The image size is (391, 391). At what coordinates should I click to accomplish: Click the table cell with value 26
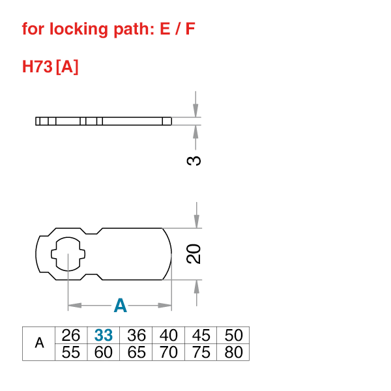tap(71, 336)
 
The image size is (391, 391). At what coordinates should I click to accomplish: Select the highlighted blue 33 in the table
tap(104, 336)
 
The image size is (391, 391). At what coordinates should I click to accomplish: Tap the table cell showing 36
tap(136, 336)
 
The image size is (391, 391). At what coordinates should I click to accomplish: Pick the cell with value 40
tap(169, 336)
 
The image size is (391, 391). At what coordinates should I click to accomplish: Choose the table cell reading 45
tap(201, 336)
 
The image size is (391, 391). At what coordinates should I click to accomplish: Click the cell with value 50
tap(233, 336)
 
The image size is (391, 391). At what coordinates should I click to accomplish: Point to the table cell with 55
tap(71, 352)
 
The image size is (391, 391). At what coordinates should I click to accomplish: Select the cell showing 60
tap(104, 352)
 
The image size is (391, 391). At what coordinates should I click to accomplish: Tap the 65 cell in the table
tap(136, 352)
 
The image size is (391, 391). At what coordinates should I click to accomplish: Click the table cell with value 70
tap(169, 352)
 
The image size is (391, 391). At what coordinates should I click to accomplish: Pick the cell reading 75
tap(201, 352)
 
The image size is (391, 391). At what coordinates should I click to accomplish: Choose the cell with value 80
tap(233, 352)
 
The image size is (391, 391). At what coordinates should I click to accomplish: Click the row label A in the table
tap(39, 343)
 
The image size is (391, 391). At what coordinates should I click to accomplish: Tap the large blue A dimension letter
tap(121, 305)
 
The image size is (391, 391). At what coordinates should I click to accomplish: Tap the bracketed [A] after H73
tap(68, 67)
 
